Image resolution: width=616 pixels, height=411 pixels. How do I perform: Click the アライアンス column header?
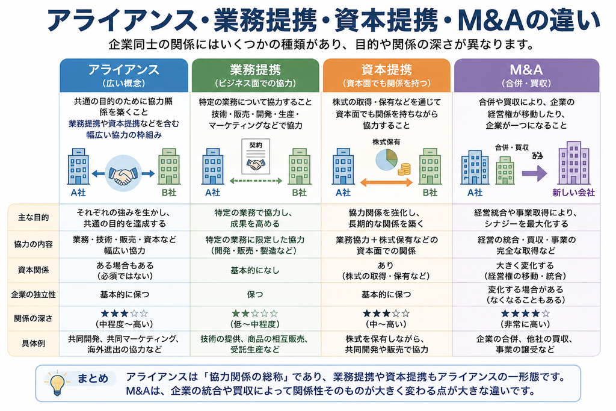coord(124,75)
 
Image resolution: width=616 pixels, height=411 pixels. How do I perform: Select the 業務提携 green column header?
coord(255,75)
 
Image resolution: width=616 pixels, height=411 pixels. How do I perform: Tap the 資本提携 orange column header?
coord(387,75)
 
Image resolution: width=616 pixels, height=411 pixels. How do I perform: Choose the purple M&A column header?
coord(527,75)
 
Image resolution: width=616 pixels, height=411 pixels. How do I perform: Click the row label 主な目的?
coord(34,217)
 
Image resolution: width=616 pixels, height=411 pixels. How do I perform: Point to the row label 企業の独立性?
coord(34,294)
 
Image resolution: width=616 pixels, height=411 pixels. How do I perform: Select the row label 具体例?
coord(34,344)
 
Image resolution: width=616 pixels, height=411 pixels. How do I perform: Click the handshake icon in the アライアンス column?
coord(123,173)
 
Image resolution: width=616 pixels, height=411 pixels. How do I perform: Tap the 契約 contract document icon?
coord(256,156)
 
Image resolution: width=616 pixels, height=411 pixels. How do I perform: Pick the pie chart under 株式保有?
coord(386,159)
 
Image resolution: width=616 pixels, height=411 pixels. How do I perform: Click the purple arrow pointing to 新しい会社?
coord(535,173)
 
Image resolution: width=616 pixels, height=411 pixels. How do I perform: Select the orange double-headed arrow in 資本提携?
coord(387,182)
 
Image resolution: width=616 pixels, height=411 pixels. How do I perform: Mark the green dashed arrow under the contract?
coord(256,181)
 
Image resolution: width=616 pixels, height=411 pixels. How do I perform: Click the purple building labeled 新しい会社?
coord(574,162)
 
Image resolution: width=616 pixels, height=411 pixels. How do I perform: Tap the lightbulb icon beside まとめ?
coord(57,383)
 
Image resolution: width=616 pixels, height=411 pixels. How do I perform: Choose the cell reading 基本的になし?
coord(255,270)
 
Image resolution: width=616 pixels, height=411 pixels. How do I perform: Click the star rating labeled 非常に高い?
coord(526,314)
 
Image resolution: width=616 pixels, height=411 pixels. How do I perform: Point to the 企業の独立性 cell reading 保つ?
coord(255,294)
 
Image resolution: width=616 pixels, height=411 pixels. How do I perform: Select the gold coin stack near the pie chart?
coord(404,169)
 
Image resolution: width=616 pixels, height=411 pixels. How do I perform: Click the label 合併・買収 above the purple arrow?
coord(512,147)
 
